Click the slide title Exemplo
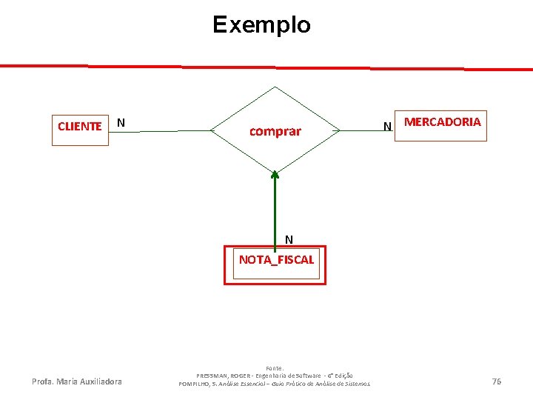[261, 25]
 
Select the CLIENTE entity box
[80, 126]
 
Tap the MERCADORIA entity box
[443, 122]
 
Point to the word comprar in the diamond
[275, 132]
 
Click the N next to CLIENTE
[121, 122]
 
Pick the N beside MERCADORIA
[386, 127]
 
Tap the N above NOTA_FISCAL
[289, 239]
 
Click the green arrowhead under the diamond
[275, 176]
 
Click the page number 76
[496, 381]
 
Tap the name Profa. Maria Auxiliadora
[77, 382]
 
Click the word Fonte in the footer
[275, 367]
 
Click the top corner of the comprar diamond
[275, 87]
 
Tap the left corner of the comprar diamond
[212, 131]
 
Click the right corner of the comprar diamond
[339, 131]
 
